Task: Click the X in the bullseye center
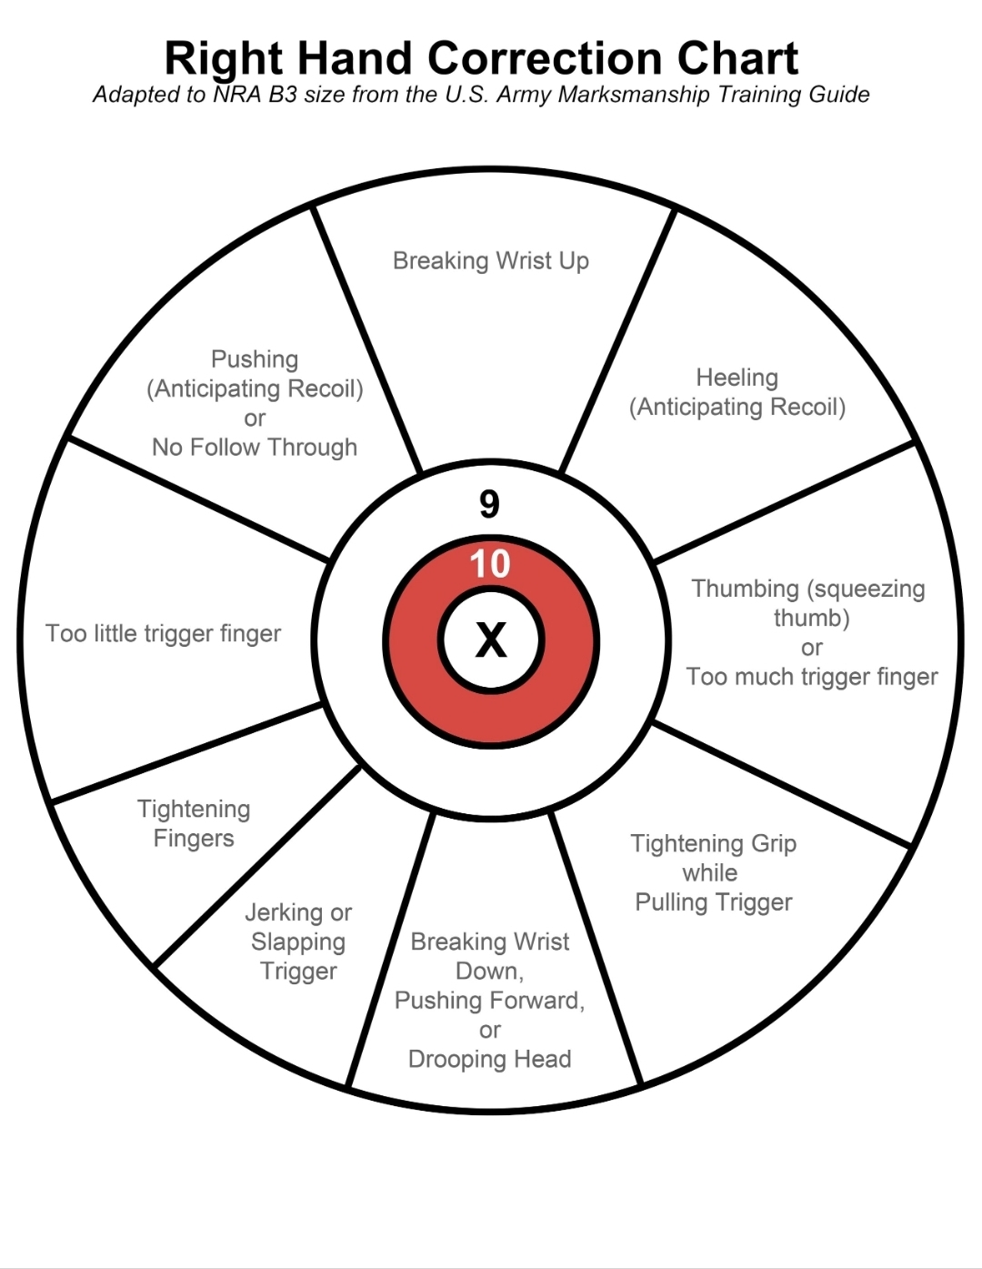(491, 640)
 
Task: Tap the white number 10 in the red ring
(490, 564)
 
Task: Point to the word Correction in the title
(545, 58)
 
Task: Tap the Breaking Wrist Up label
(491, 261)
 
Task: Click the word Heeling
(736, 378)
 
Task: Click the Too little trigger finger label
(164, 634)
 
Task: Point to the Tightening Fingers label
(194, 824)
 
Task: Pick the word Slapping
(298, 942)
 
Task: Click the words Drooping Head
(489, 1060)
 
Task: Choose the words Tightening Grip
(714, 844)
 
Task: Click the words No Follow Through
(255, 448)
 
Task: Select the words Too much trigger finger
(812, 677)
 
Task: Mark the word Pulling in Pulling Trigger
(671, 902)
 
